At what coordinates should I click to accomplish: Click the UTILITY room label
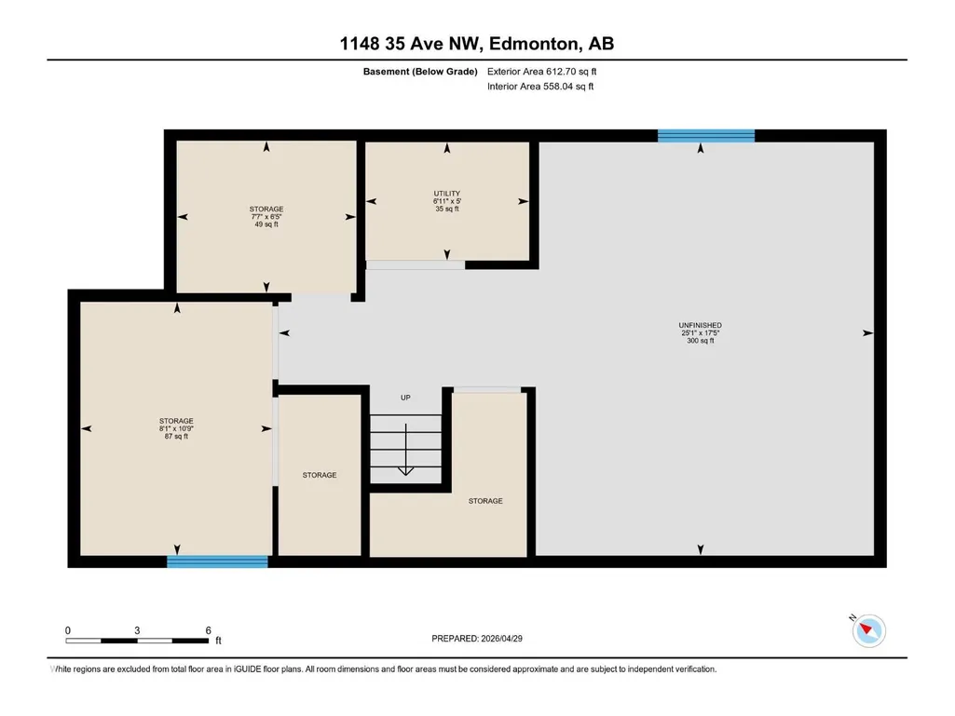point(446,194)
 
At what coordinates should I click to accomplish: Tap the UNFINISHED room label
point(701,325)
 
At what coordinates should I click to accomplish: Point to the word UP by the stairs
point(405,398)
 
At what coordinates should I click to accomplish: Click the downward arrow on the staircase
point(405,450)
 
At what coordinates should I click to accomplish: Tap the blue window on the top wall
point(706,136)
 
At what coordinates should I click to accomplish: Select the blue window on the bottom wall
point(217,561)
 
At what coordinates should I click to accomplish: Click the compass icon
point(868,629)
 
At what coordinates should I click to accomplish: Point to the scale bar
point(137,641)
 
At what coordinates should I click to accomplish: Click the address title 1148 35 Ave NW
point(411,44)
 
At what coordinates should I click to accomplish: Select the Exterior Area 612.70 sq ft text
point(541,72)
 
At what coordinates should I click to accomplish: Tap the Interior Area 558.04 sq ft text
point(540,87)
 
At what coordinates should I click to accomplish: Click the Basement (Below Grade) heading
point(420,72)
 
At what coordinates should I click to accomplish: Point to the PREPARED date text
point(477,639)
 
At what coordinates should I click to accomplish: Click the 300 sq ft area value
point(701,341)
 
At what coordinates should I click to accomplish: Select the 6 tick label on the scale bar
point(209,630)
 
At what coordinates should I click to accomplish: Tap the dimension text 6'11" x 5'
point(447,201)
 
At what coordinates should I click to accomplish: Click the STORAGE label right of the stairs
point(485,501)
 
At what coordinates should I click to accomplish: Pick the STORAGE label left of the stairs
point(320,475)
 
